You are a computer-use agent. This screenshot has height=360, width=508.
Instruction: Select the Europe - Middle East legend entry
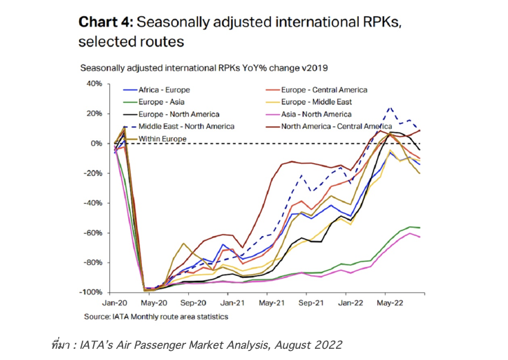(x=316, y=102)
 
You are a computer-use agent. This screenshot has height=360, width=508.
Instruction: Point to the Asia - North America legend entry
(x=316, y=114)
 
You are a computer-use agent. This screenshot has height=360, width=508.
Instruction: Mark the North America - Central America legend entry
(x=335, y=126)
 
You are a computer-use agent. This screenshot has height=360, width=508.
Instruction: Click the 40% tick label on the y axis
(x=94, y=84)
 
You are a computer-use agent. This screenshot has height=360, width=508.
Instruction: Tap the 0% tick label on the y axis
(x=97, y=144)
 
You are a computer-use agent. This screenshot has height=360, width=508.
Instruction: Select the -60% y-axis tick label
(x=92, y=233)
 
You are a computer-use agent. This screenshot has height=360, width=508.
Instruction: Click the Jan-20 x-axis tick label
(x=115, y=304)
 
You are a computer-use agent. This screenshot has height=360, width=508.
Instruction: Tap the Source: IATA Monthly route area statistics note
(x=155, y=317)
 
